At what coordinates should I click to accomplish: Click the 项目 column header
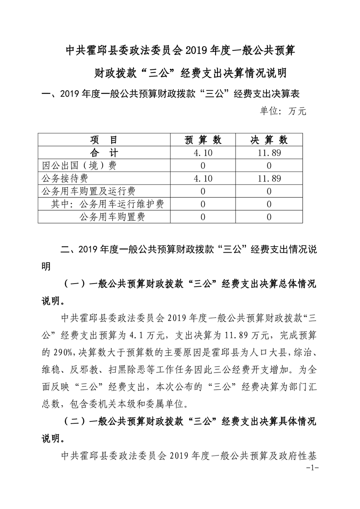coord(104,140)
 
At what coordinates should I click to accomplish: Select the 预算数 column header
coord(202,140)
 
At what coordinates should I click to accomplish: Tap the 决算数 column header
coord(269,140)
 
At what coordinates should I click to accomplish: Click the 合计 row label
coord(104,153)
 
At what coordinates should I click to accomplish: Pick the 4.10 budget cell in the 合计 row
coord(202,153)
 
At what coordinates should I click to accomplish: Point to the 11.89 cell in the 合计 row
coord(269,153)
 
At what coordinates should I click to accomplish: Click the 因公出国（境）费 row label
coord(78,166)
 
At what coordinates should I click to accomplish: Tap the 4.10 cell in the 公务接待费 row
coord(202,179)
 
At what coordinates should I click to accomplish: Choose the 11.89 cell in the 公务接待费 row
coord(269,179)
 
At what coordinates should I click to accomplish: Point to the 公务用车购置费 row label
coord(112,217)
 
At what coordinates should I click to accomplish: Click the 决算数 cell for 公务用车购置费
coord(269,217)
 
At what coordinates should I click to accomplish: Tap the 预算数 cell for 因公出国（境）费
coord(202,166)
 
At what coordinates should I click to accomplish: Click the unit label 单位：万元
coord(283,111)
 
